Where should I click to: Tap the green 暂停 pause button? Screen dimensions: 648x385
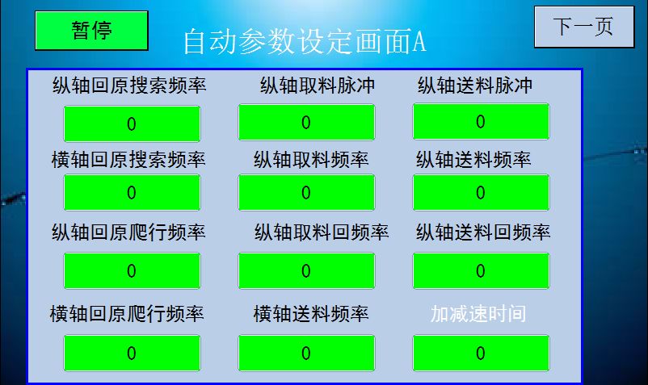91,31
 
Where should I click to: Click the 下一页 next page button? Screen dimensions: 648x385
584,27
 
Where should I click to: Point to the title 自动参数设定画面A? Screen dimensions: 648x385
305,42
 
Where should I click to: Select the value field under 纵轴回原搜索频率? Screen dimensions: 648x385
132,123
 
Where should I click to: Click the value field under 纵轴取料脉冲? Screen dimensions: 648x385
306,122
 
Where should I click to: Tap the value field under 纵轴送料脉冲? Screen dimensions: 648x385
481,121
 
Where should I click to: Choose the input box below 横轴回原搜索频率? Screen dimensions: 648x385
132,192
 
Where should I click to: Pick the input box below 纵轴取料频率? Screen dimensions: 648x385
306,192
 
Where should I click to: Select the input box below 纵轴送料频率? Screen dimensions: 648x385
481,192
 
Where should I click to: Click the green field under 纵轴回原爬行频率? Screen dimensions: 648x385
132,270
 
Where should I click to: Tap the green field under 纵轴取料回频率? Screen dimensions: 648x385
306,270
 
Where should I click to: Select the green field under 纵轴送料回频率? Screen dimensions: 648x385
481,270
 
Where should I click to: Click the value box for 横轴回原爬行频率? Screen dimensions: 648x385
132,354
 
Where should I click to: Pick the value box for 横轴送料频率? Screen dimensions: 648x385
306,354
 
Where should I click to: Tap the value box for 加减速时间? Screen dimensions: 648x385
481,354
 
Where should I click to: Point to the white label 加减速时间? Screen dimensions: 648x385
478,314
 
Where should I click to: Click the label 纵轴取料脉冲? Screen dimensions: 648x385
318,86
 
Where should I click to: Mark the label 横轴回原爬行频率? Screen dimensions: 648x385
127,314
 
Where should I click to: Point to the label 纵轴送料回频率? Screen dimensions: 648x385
483,232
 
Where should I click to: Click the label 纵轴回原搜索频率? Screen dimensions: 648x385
129,86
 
